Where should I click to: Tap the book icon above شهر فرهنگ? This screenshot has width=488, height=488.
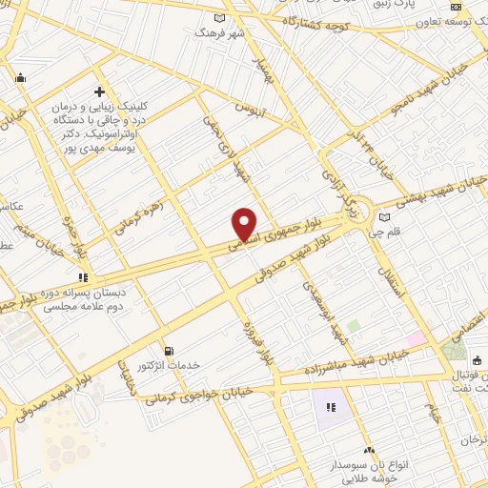[x=220, y=18]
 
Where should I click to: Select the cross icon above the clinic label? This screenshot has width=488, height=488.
[x=99, y=92]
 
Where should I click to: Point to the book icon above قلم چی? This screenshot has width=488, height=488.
[x=384, y=216]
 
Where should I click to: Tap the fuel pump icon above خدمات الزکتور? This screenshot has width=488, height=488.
[x=169, y=351]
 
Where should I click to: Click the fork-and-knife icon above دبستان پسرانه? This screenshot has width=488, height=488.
[x=95, y=277]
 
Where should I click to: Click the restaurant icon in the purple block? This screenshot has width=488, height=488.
[x=331, y=407]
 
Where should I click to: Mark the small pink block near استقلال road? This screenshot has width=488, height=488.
[x=417, y=339]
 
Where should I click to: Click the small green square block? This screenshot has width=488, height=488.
[x=354, y=326]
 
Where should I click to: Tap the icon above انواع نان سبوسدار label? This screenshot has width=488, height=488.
[x=369, y=449]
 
